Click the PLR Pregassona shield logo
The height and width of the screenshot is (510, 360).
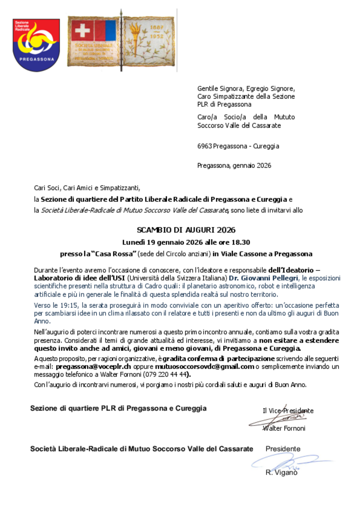(36, 45)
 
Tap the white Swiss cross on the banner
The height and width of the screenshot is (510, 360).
(82, 32)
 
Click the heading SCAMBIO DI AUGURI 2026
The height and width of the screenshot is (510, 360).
(180, 230)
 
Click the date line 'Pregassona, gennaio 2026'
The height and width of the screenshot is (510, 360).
(234, 166)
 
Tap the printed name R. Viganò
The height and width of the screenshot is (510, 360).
(282, 473)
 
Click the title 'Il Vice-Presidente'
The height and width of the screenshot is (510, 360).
(288, 411)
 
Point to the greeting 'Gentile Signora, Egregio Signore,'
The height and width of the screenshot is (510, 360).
(246, 88)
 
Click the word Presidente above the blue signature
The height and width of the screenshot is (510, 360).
(283, 449)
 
